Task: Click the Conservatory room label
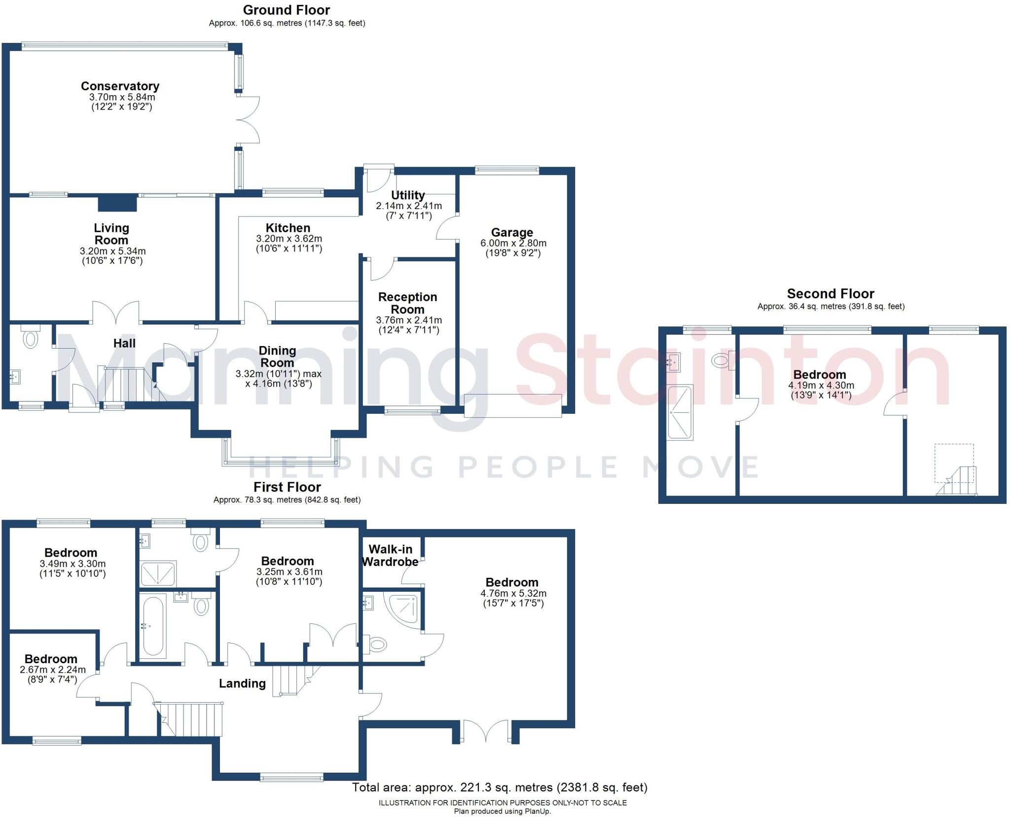coord(120,86)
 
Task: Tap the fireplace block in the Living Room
coord(117,203)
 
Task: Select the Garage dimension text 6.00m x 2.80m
coord(513,243)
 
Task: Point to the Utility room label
coord(407,195)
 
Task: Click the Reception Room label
coord(407,303)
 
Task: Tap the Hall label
coord(124,343)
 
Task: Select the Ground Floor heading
coord(287,10)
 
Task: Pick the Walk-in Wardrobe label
coord(390,555)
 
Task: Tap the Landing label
coord(242,683)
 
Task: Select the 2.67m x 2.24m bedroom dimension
coord(53,670)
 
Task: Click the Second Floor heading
coord(830,294)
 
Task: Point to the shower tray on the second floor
coord(680,412)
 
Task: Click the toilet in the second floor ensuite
coord(722,360)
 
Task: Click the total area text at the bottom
coord(499,787)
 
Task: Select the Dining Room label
coord(277,357)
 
